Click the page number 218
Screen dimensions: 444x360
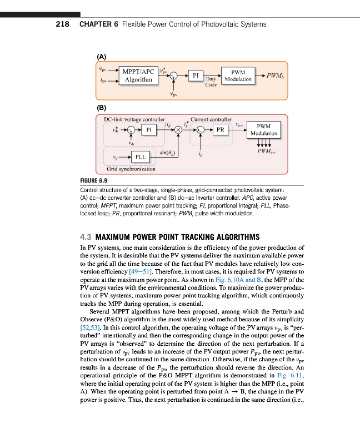coord(63,24)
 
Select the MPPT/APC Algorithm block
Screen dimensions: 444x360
coord(138,75)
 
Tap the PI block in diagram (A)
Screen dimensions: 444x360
coord(196,75)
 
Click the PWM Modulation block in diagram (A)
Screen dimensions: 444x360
coord(238,75)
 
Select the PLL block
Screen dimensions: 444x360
coord(141,157)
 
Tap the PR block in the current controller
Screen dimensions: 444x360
coord(220,130)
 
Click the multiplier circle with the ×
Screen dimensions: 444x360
coord(178,130)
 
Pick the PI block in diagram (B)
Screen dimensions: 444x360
coord(148,130)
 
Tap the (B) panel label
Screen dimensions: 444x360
coord(102,107)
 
